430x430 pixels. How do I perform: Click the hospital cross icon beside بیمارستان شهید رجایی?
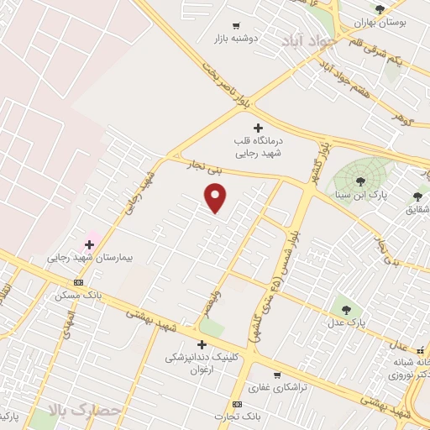pos(90,244)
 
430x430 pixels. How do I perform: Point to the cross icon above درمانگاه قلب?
pos(258,127)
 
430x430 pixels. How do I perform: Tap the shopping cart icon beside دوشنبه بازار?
pos(236,25)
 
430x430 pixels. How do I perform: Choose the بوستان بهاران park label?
pos(380,23)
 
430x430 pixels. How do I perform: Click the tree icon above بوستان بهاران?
pos(380,9)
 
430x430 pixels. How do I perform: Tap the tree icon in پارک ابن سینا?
pos(360,181)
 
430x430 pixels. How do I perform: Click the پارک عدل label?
pos(347,321)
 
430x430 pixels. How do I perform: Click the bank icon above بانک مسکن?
pos(78,282)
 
